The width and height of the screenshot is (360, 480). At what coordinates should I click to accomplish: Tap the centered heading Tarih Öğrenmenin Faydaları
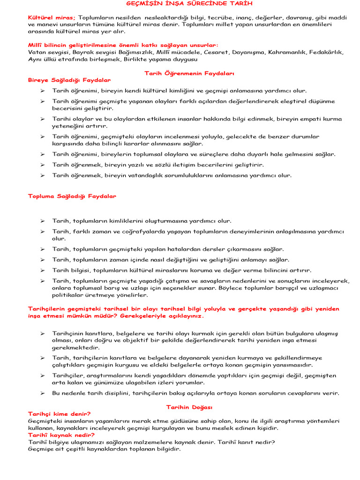click(x=189, y=74)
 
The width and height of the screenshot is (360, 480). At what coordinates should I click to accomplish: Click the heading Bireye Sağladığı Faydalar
click(x=69, y=80)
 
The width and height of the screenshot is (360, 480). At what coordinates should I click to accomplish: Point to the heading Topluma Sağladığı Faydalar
click(x=72, y=196)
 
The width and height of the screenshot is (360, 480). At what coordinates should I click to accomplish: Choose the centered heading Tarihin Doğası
click(x=189, y=407)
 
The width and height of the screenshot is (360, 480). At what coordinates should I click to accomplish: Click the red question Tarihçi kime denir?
click(x=60, y=414)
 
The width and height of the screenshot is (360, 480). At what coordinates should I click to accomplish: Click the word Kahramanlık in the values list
click(x=286, y=52)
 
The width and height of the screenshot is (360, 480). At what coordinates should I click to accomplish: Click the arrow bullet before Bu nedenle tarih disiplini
click(x=42, y=393)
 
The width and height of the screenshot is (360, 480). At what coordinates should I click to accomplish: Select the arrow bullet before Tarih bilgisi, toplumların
click(x=42, y=270)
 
